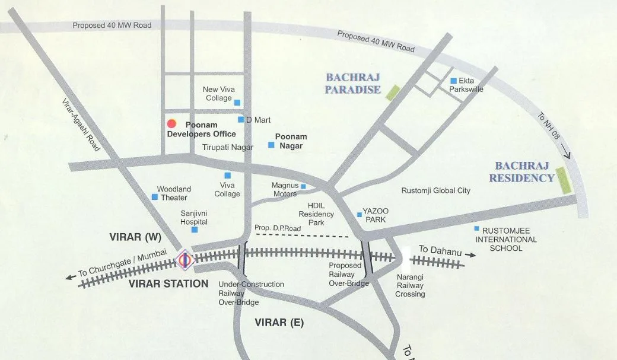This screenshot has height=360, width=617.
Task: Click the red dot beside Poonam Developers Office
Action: click(x=171, y=123)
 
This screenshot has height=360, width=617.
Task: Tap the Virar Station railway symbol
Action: click(x=185, y=259)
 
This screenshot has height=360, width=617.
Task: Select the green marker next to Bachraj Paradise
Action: click(x=393, y=93)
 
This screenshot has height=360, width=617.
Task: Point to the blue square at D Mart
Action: click(x=241, y=119)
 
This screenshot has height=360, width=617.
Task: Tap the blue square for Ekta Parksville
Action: click(x=453, y=81)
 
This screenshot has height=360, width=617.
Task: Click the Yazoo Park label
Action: click(x=376, y=215)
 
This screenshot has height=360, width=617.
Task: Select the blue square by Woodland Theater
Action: click(x=155, y=196)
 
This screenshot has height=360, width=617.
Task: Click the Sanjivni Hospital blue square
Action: click(x=195, y=230)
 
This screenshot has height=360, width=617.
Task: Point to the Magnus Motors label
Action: click(x=285, y=189)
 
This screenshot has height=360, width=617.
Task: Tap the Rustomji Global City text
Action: click(x=435, y=190)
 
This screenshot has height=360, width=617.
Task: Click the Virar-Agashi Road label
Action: click(x=81, y=124)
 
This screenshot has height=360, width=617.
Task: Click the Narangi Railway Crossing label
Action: click(x=411, y=285)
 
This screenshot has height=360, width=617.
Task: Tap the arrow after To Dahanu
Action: click(x=470, y=254)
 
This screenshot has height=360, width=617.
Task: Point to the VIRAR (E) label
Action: click(x=279, y=323)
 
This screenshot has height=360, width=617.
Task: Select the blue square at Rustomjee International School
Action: click(x=476, y=229)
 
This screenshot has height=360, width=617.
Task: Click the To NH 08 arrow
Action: click(x=565, y=156)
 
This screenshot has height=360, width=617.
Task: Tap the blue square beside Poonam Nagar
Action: click(x=271, y=144)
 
